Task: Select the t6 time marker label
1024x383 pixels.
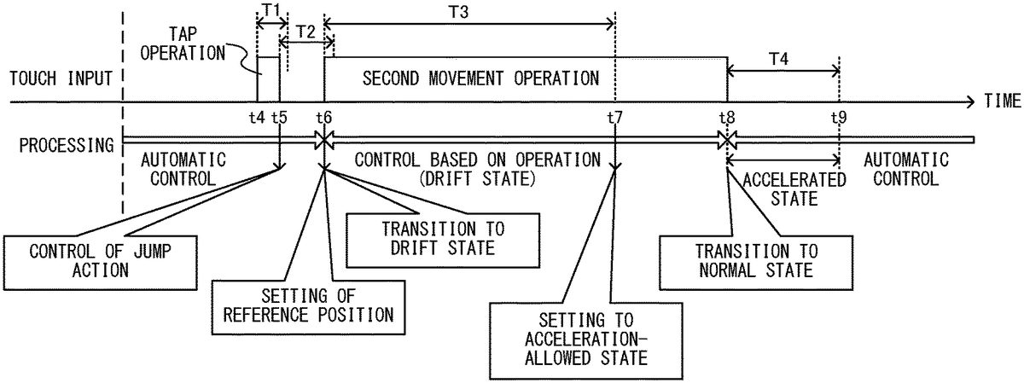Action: (x=323, y=118)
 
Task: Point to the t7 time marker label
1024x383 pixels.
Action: (x=614, y=118)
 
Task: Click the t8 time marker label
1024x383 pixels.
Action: (x=727, y=118)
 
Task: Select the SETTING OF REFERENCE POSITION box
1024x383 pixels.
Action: (x=308, y=305)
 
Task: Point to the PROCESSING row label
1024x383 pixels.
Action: (x=59, y=144)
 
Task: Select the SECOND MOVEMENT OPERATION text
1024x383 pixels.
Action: (x=480, y=78)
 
